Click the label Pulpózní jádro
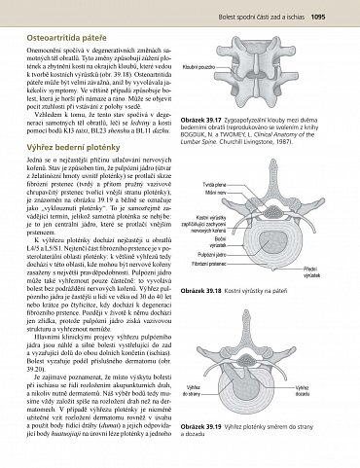tap(212, 254)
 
